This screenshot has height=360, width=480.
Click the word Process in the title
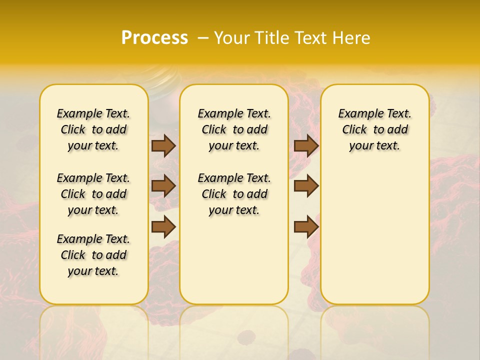(154, 37)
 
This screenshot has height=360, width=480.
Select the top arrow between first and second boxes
(163, 145)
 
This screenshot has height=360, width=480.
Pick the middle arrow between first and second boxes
(163, 186)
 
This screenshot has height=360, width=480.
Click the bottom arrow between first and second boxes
(163, 227)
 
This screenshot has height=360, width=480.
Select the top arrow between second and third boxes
(306, 145)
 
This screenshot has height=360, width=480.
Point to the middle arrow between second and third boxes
(306, 186)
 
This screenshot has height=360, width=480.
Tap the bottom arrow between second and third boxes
(306, 227)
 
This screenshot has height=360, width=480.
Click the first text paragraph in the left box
(93, 129)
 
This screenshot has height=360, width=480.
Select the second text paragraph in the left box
(93, 194)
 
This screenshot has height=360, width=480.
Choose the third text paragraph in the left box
(93, 255)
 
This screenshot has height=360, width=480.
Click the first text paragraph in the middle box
(234, 129)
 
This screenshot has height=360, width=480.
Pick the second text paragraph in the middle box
(234, 194)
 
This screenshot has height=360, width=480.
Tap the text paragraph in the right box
(375, 129)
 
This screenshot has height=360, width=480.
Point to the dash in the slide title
(202, 38)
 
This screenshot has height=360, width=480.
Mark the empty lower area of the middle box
(234, 260)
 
